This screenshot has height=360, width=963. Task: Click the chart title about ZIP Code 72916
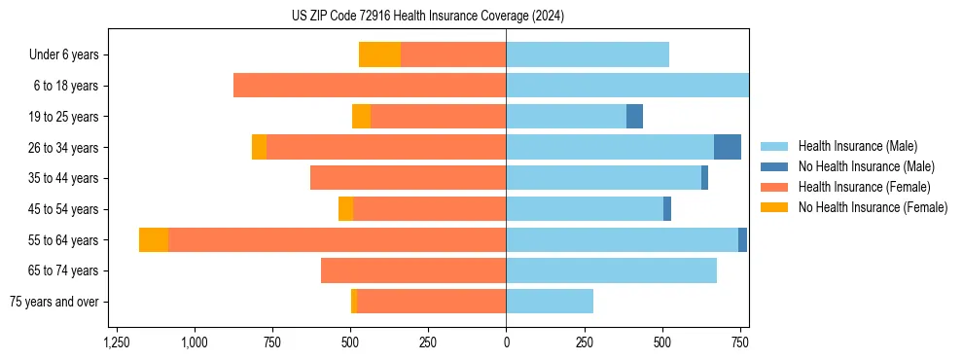[428, 17]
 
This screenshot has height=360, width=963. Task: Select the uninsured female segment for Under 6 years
[379, 54]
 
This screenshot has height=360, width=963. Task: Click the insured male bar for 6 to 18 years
[627, 86]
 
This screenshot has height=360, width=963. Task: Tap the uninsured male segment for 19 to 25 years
[634, 117]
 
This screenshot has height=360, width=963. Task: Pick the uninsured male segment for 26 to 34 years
[727, 147]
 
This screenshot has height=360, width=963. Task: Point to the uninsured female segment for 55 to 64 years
[154, 239]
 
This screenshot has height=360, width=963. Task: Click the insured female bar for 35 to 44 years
[408, 178]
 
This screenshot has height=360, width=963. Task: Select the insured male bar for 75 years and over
[550, 302]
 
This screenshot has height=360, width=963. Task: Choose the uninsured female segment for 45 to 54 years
[345, 209]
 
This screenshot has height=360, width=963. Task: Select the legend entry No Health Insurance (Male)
[859, 166]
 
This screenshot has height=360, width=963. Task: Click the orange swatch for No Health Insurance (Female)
[774, 207]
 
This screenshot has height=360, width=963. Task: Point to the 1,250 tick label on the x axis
[117, 343]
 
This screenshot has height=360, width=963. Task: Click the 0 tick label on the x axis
[506, 343]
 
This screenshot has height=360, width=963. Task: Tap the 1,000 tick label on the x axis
[195, 343]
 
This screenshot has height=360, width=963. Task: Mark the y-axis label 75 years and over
[53, 302]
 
